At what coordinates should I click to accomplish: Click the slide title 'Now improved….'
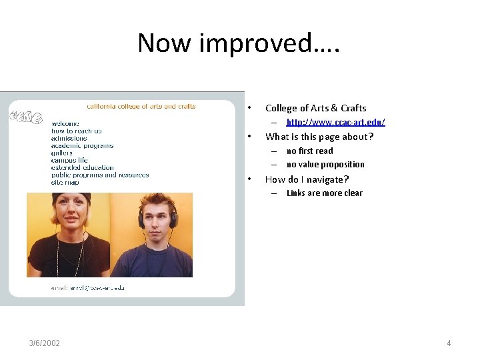point(239,43)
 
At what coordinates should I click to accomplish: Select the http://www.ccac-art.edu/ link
point(335,122)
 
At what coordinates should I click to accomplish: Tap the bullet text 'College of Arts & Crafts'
point(315,108)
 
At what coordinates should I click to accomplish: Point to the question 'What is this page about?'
point(319,137)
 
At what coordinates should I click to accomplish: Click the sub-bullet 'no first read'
point(309,151)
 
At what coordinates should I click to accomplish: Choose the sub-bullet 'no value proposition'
point(325,165)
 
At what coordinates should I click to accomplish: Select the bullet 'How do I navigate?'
point(307,179)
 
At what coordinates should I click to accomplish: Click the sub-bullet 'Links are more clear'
point(324,193)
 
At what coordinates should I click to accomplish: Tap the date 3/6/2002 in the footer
point(44,343)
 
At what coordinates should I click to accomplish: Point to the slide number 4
point(449,343)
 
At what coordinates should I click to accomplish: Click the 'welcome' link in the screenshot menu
point(65,123)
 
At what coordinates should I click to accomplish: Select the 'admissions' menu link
point(69,138)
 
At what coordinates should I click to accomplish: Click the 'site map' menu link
point(65,182)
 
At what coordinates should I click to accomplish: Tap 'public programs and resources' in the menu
point(100,175)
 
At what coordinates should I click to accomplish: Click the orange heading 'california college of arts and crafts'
point(141,106)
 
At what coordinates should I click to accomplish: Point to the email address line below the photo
point(87,288)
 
